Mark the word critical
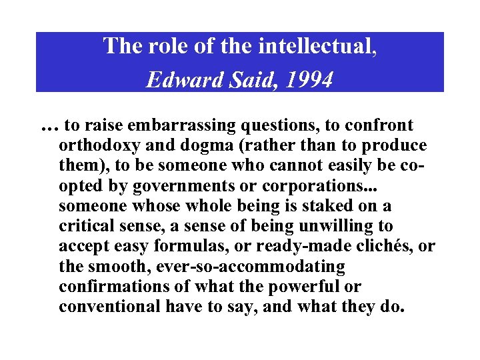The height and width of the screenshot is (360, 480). click(x=83, y=227)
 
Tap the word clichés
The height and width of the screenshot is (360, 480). click(x=383, y=247)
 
